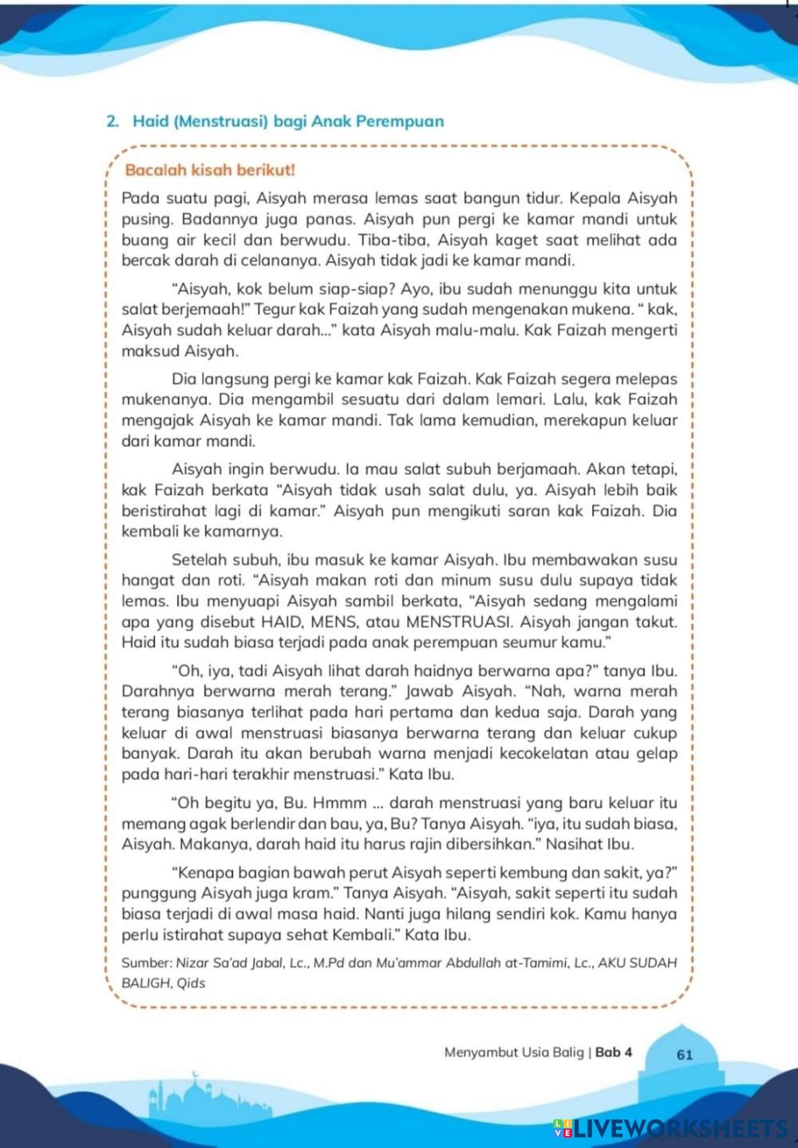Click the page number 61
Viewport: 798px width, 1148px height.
[x=685, y=1054]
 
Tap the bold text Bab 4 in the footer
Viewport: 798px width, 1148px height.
[x=614, y=1052]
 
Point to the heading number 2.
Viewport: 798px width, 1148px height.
[x=112, y=121]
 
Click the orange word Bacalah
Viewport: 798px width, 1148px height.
[x=155, y=170]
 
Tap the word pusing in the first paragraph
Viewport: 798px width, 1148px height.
[x=145, y=220]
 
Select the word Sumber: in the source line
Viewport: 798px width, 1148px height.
[x=146, y=963]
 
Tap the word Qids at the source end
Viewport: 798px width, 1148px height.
[x=191, y=984]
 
